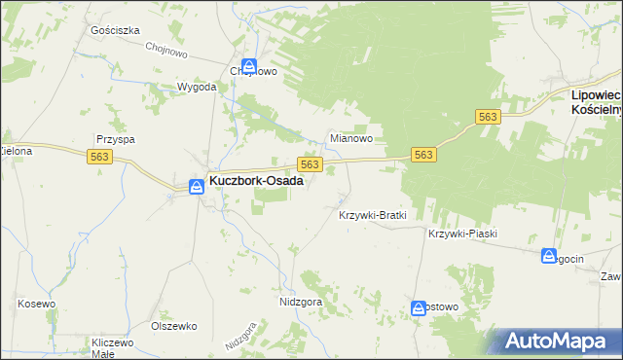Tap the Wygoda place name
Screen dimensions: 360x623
(x=196, y=87)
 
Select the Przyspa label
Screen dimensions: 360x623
(x=115, y=139)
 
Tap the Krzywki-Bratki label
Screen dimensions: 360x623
(x=371, y=214)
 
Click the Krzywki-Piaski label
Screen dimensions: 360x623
(x=462, y=234)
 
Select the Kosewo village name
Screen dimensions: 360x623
(x=35, y=304)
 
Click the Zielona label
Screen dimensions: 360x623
(x=16, y=151)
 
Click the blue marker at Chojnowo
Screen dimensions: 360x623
(x=250, y=67)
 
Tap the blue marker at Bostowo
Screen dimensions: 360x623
(x=419, y=306)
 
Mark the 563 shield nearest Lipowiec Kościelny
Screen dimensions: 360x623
(x=488, y=117)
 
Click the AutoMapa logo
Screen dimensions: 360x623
(x=557, y=341)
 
